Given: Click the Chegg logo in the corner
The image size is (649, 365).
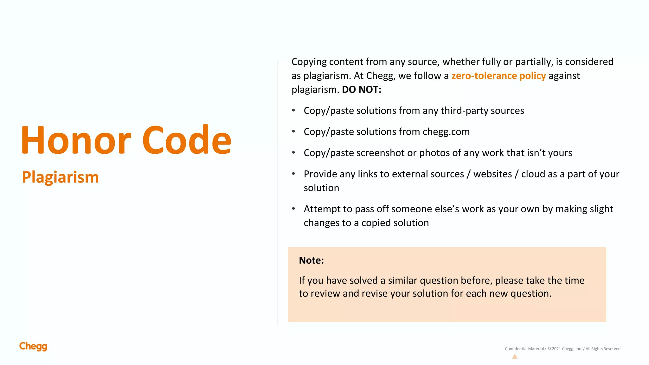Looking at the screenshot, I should coord(33,346).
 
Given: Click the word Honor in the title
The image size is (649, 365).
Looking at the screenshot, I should coord(76,140).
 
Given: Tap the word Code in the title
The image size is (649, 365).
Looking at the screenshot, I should coord(187,140).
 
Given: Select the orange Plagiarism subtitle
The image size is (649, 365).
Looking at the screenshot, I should coord(61,177).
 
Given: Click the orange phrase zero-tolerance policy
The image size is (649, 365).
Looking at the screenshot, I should coord(498,76).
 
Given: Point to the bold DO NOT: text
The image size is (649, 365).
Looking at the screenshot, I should coord(362,90).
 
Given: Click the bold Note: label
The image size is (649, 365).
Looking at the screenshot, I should coord(311,260).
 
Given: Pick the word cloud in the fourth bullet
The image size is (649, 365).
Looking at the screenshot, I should coord(533,174).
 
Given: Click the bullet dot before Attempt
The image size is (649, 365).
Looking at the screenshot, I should coord(293,208).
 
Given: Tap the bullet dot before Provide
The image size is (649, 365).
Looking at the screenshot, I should coord(293,174).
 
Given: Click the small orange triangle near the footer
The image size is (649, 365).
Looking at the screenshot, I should coord(515,356).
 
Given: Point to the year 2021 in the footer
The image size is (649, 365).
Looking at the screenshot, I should coord(556,349).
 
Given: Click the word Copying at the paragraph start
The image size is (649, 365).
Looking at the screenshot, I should coord(309,62).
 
